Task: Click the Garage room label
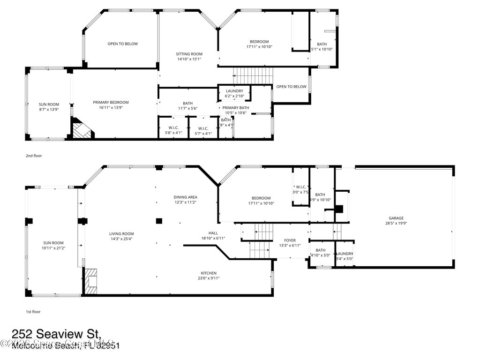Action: (396, 218)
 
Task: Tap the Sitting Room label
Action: (189, 54)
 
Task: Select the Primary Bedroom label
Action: (111, 102)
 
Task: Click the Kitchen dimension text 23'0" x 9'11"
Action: (209, 278)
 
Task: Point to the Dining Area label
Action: (185, 197)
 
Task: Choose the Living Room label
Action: (121, 234)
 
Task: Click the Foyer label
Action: (290, 240)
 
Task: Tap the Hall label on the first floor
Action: (213, 233)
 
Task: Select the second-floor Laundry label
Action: (234, 91)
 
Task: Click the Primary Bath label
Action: (236, 107)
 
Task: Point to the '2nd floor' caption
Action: (34, 156)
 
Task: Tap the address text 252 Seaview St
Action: (56, 334)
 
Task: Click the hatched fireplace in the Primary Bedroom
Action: (81, 129)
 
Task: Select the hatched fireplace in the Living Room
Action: (91, 281)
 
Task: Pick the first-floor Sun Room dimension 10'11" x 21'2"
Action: (53, 248)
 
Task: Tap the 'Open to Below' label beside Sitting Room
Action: (123, 44)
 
